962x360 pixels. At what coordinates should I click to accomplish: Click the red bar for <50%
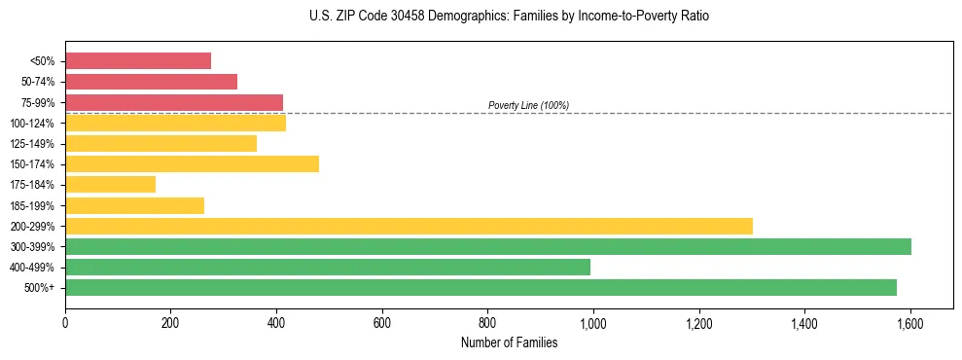click(138, 61)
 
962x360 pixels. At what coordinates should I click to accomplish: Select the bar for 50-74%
click(151, 82)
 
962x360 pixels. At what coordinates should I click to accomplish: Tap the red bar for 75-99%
click(174, 102)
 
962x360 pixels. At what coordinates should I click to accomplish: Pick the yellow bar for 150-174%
click(192, 163)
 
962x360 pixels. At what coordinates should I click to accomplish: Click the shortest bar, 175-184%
click(110, 184)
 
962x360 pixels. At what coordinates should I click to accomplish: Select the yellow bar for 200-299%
click(409, 226)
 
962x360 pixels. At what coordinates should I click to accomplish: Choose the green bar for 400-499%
click(328, 267)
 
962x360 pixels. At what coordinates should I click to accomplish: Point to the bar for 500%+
click(481, 287)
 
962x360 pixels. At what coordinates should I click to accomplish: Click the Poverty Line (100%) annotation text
click(528, 105)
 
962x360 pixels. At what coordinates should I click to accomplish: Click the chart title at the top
click(509, 17)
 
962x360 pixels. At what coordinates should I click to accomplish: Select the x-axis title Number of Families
click(509, 342)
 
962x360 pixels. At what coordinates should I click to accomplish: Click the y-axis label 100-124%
click(32, 124)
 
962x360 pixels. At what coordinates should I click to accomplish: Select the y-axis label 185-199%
click(32, 205)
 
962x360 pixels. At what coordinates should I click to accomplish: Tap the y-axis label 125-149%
click(32, 144)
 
